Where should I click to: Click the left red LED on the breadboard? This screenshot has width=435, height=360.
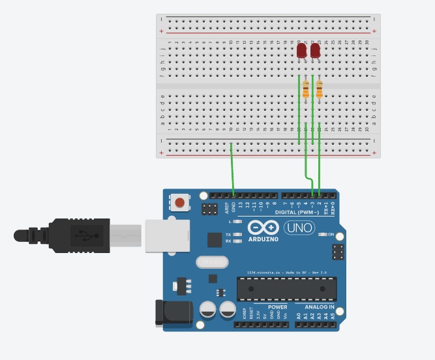(301, 51)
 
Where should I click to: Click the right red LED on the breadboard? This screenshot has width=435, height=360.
(315, 51)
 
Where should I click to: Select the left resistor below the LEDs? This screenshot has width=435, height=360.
(306, 89)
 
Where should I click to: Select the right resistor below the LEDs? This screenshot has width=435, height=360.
(319, 89)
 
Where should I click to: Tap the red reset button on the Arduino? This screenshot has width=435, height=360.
(179, 203)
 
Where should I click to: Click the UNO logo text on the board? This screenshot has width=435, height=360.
(299, 228)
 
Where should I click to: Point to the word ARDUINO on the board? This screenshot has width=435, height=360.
(263, 239)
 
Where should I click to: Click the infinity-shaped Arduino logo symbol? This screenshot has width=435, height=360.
(263, 228)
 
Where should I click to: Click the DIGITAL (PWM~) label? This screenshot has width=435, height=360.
(297, 213)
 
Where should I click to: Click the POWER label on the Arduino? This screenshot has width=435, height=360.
(277, 307)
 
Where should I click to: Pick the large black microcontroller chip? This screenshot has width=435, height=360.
(287, 288)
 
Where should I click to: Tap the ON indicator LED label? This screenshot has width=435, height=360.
(330, 235)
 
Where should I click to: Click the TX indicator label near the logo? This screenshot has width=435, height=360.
(228, 234)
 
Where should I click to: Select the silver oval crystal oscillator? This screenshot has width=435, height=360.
(212, 262)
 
